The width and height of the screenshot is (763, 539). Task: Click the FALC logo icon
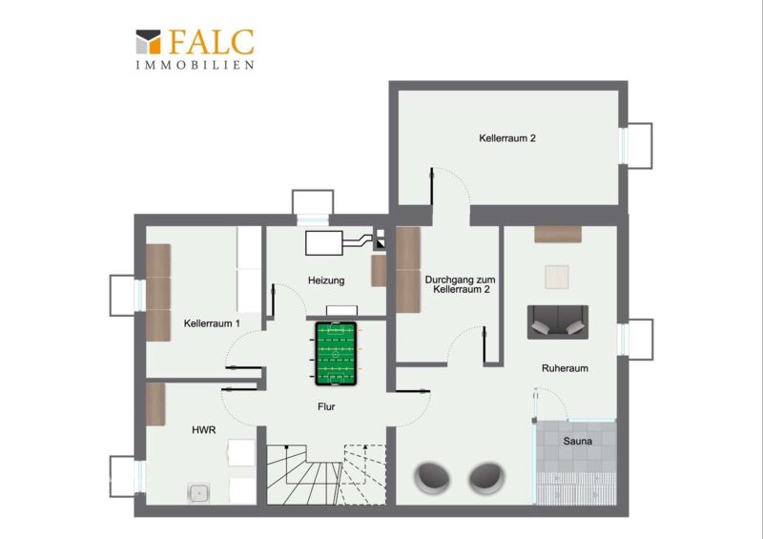(x=148, y=42)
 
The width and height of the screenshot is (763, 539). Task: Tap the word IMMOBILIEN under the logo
(x=195, y=65)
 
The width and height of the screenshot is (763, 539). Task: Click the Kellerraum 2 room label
(x=507, y=138)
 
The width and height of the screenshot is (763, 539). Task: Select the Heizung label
(x=326, y=280)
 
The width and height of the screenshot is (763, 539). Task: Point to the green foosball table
(x=336, y=354)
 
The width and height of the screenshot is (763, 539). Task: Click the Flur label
(x=326, y=406)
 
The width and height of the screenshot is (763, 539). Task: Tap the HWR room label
(x=203, y=430)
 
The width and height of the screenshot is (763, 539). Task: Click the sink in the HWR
(x=198, y=493)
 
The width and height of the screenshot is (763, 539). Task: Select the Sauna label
(x=578, y=441)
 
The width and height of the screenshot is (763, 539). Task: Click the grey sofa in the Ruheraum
(x=558, y=322)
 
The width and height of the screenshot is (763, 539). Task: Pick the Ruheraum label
(x=565, y=368)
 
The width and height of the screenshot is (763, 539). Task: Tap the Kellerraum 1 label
(x=212, y=323)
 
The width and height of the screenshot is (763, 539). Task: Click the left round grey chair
(x=432, y=477)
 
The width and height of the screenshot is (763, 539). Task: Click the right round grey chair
(x=486, y=477)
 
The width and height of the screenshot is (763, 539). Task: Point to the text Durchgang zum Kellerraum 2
(x=461, y=284)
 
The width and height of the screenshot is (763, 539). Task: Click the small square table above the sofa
(x=557, y=277)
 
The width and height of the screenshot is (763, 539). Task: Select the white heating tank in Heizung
(x=323, y=243)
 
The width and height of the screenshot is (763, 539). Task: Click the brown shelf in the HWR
(x=155, y=404)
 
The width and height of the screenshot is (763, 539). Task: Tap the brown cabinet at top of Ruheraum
(x=558, y=234)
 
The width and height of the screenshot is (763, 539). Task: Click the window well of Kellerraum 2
(x=639, y=146)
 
